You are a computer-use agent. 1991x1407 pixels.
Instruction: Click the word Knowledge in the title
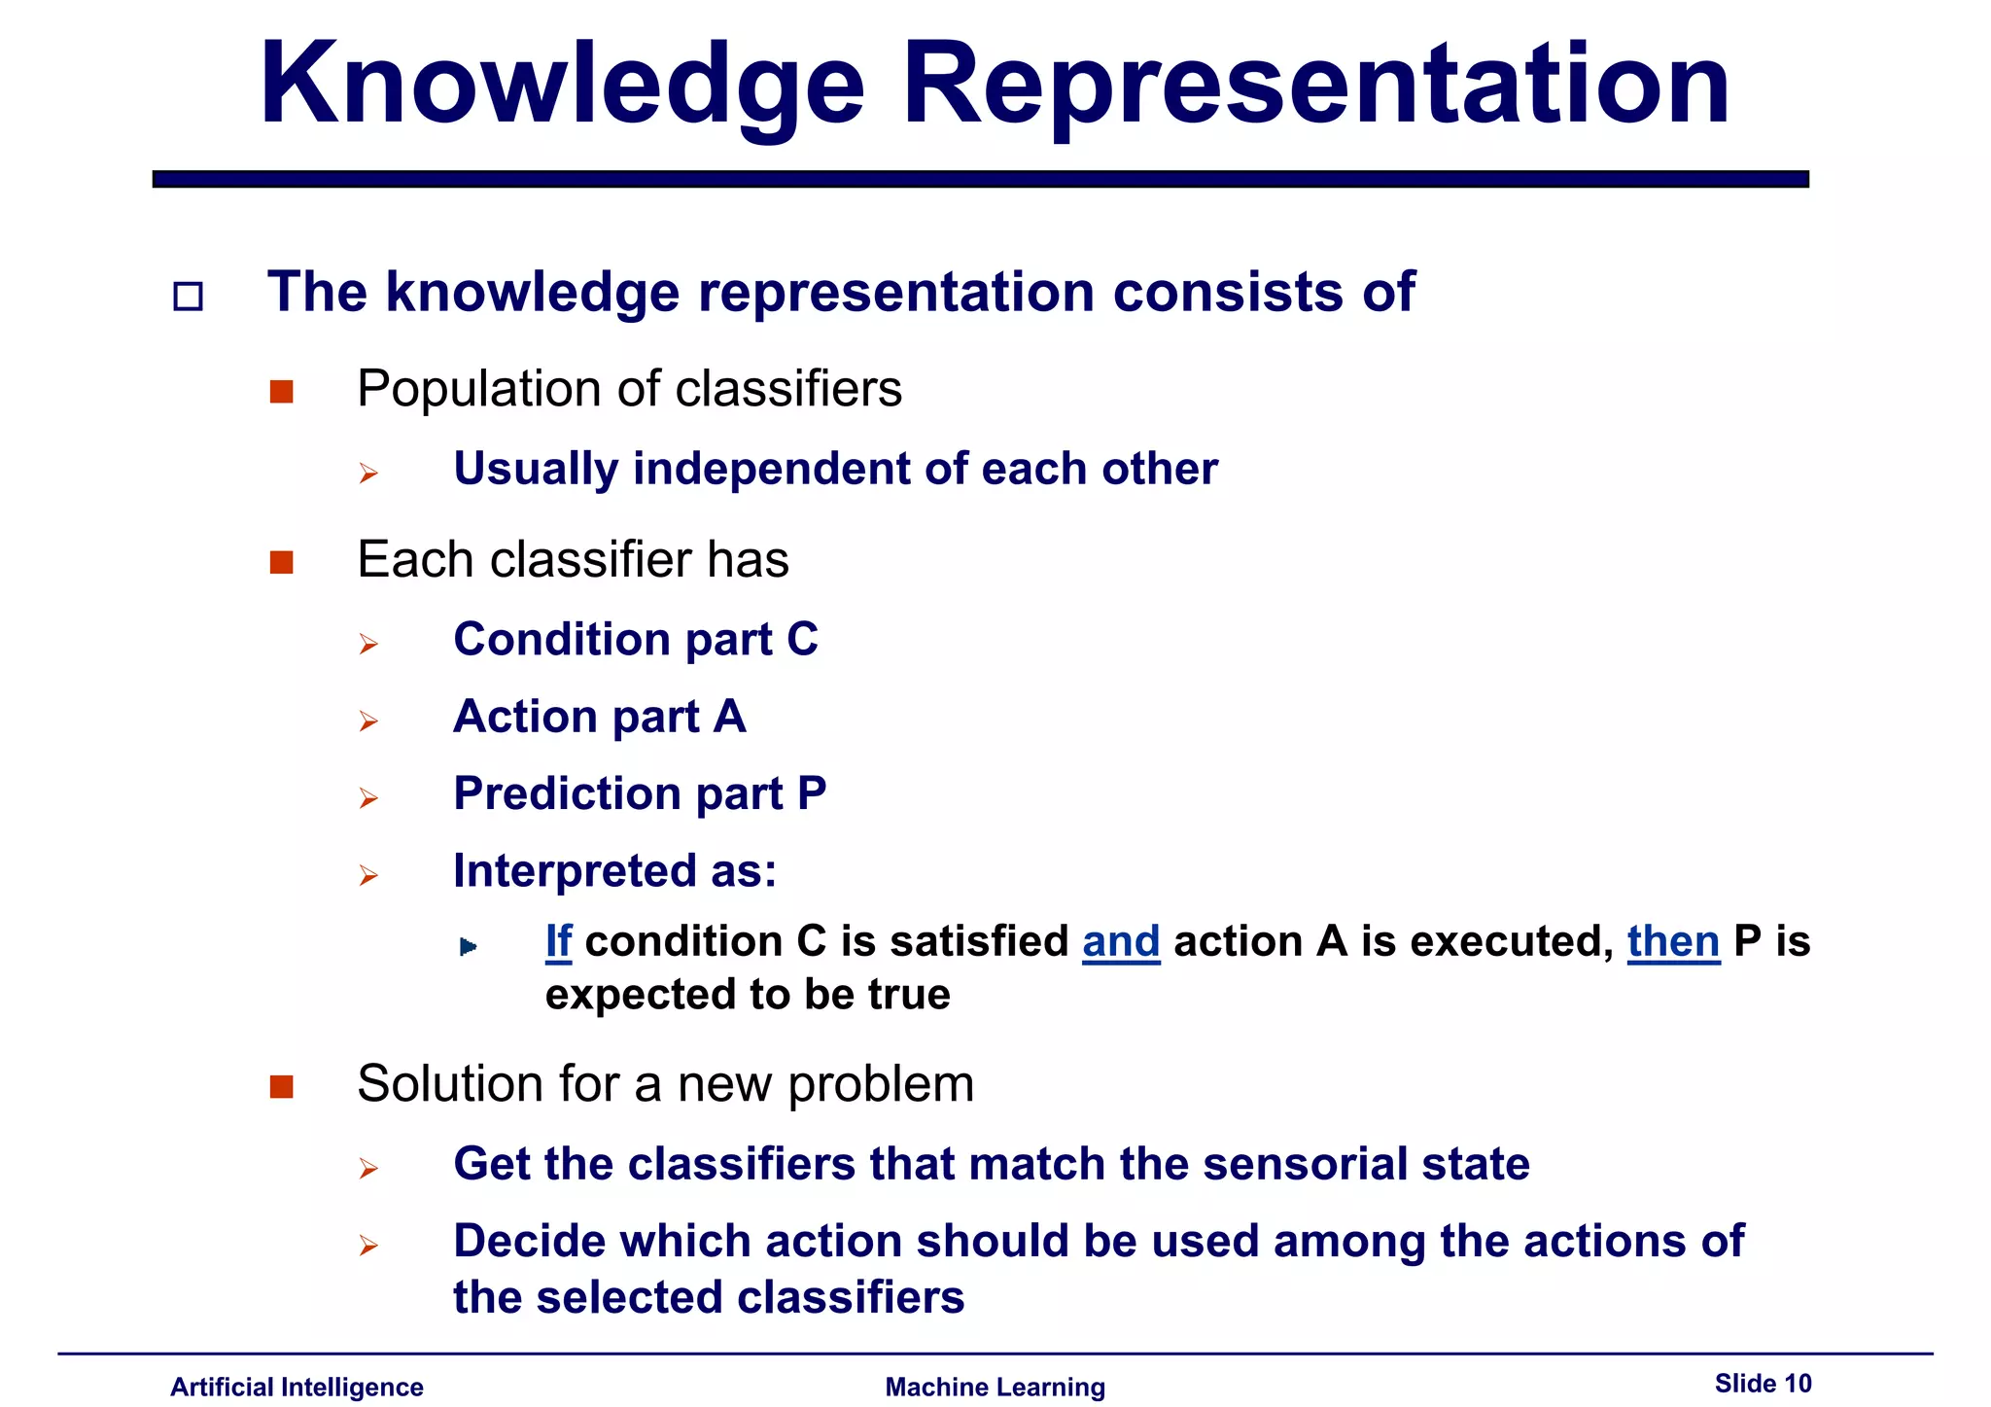pos(561,86)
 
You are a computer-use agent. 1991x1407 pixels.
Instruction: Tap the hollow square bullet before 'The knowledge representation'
pos(188,297)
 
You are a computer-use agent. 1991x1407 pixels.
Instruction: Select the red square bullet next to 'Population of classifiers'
pos(282,392)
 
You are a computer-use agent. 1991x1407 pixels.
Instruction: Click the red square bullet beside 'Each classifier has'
pos(282,562)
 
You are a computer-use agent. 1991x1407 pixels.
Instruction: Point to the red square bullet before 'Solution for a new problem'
pos(282,1086)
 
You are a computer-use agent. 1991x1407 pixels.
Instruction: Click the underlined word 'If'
pos(558,941)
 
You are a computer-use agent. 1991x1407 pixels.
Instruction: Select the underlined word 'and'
pos(1121,941)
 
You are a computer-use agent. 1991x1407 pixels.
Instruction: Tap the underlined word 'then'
pos(1673,941)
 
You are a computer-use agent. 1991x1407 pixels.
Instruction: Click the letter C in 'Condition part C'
pos(802,640)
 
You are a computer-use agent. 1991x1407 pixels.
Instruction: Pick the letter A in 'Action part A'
pos(729,717)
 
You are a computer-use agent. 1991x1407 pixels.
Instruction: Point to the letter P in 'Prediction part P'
pos(812,793)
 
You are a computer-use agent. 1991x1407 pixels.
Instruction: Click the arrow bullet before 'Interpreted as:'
pos(367,876)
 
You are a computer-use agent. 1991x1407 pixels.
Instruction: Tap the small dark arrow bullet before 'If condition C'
pos(468,946)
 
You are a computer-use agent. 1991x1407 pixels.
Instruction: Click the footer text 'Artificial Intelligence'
pos(297,1387)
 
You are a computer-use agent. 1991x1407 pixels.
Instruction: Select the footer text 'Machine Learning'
pos(995,1387)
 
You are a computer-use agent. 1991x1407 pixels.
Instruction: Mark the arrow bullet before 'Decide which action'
pos(367,1246)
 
